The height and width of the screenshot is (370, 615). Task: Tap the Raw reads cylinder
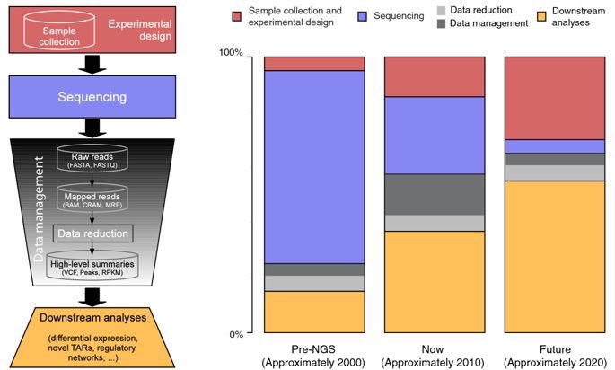tap(93, 160)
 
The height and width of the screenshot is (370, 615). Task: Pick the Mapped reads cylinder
tap(93, 198)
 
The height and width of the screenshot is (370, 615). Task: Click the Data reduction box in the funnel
tap(93, 233)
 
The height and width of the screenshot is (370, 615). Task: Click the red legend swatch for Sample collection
tap(237, 17)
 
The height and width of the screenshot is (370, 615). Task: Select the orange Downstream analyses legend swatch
tap(531, 17)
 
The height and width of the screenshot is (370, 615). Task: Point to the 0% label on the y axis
tap(236, 334)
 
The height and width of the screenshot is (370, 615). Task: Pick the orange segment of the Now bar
tap(435, 282)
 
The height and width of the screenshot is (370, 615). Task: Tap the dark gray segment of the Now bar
tap(435, 194)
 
